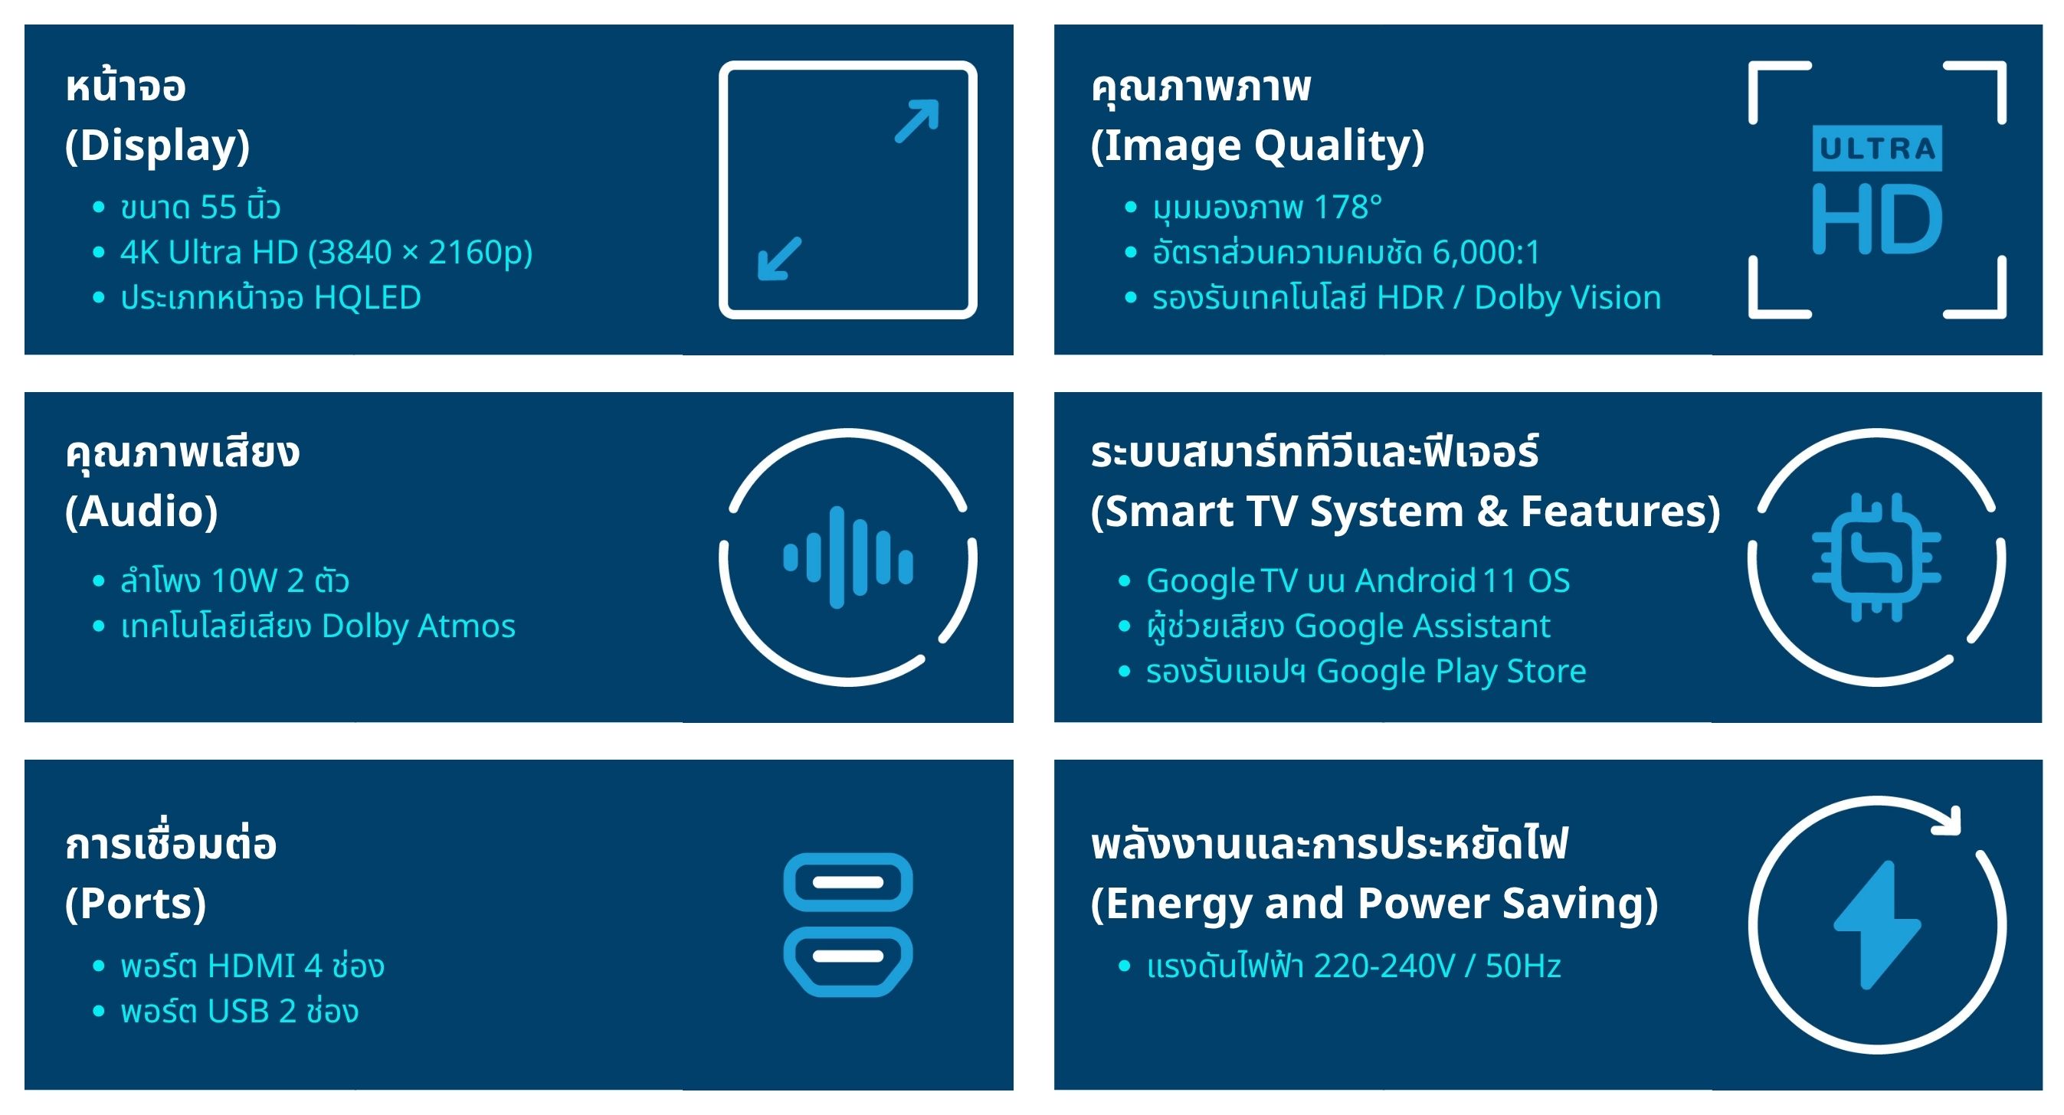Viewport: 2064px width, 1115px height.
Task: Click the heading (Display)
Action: point(157,146)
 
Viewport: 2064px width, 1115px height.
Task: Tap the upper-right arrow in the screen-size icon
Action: point(916,121)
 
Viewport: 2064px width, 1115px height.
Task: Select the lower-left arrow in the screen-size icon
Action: point(780,258)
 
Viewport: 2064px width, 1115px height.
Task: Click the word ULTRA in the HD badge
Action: point(1876,149)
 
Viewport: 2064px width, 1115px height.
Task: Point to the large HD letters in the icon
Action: point(1876,218)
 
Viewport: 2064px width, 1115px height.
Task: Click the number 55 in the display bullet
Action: point(218,208)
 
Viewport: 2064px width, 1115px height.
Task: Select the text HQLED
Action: point(368,298)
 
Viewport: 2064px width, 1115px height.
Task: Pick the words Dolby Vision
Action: point(1568,298)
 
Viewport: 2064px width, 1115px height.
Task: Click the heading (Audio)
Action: point(141,512)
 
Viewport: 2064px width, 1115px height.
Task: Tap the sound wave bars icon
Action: point(847,557)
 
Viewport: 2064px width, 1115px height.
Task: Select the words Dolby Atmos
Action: point(418,626)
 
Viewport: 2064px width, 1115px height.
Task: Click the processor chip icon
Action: point(1876,557)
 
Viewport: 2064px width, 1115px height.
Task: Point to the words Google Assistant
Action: point(1422,626)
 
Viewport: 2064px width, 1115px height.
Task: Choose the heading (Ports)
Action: point(136,904)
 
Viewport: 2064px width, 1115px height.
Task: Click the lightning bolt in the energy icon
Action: point(1876,924)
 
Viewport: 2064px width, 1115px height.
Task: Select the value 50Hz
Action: point(1523,966)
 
